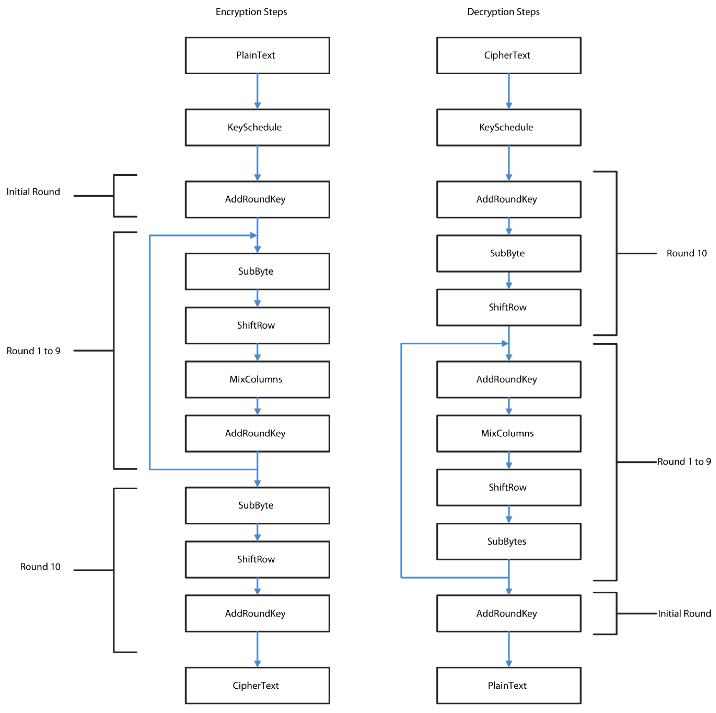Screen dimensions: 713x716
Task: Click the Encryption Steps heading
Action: click(251, 12)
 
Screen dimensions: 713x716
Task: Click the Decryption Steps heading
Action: click(503, 12)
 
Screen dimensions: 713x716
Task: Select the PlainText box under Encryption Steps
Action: click(257, 55)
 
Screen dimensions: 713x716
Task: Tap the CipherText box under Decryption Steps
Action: click(508, 55)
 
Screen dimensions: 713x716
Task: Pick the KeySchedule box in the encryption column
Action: click(257, 127)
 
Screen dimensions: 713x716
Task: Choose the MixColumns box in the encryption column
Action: click(257, 379)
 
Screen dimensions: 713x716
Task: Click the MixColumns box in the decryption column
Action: click(508, 433)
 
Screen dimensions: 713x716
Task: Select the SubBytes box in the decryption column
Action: click(508, 541)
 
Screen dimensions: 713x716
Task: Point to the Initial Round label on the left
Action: click(33, 192)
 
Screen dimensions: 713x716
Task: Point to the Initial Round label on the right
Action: click(684, 614)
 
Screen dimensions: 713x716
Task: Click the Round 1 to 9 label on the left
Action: click(33, 351)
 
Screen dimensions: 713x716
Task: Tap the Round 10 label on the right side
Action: click(686, 253)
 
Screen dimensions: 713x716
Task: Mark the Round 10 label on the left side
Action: click(40, 567)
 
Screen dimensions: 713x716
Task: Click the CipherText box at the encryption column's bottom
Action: click(257, 685)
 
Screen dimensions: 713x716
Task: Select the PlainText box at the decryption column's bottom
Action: click(508, 685)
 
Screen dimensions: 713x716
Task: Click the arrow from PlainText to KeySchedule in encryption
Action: click(257, 91)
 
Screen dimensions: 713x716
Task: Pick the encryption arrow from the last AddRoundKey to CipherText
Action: click(257, 649)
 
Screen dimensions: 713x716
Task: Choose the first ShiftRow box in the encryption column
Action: click(257, 325)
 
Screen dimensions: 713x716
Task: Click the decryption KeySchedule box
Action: click(508, 127)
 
